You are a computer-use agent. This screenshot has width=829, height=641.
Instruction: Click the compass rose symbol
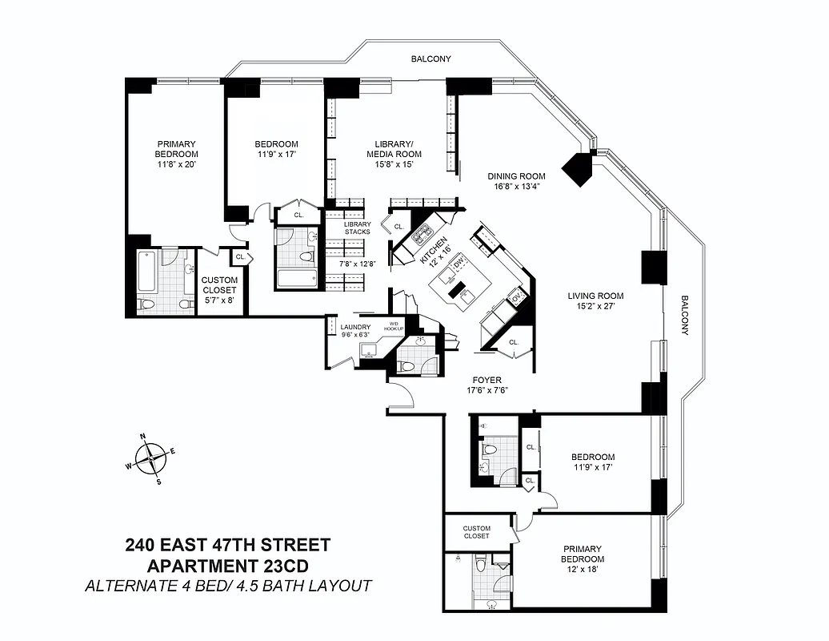click(150, 459)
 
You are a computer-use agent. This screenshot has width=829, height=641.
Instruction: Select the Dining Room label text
click(517, 176)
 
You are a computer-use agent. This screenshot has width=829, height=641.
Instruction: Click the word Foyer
click(487, 381)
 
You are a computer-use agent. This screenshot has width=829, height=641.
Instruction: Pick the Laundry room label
click(354, 327)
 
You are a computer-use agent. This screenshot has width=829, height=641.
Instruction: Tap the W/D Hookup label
click(392, 325)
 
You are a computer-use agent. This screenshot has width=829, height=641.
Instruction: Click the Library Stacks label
click(357, 228)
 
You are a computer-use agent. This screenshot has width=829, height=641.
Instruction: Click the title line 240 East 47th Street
click(227, 546)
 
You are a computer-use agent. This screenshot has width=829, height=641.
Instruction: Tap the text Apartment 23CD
click(227, 566)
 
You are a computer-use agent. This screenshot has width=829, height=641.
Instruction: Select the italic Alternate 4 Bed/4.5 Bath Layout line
click(227, 586)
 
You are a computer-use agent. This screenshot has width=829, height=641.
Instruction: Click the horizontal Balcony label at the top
click(431, 59)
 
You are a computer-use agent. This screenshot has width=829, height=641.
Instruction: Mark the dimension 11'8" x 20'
click(176, 163)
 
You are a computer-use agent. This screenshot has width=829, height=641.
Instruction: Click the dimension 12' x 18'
click(582, 569)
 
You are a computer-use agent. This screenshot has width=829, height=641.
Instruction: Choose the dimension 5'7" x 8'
click(219, 300)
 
